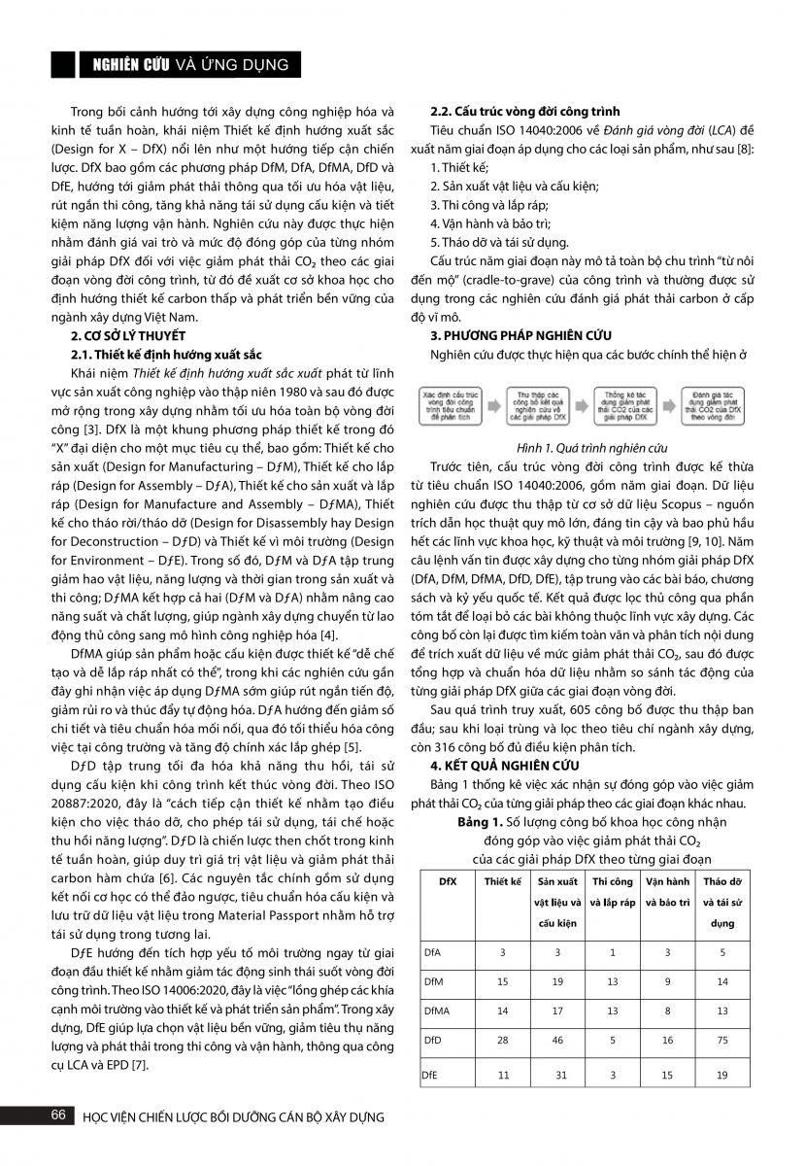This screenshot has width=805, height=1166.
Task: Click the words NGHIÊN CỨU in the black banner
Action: coord(130,65)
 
